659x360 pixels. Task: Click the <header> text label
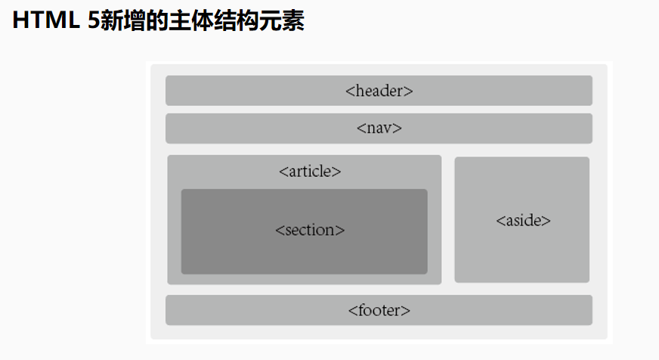379,91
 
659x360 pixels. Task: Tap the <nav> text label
379,128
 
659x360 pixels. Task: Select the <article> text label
310,171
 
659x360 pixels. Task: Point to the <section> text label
310,230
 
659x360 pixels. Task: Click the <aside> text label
523,221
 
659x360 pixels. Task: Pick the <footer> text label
379,310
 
